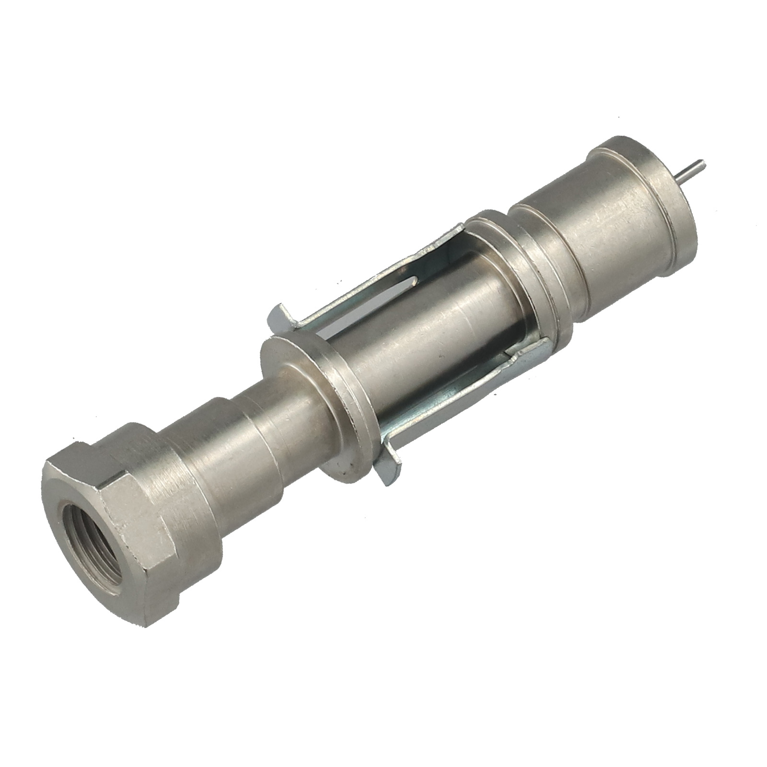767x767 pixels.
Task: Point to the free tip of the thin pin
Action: (x=702, y=163)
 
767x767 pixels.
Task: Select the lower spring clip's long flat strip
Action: (x=460, y=388)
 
